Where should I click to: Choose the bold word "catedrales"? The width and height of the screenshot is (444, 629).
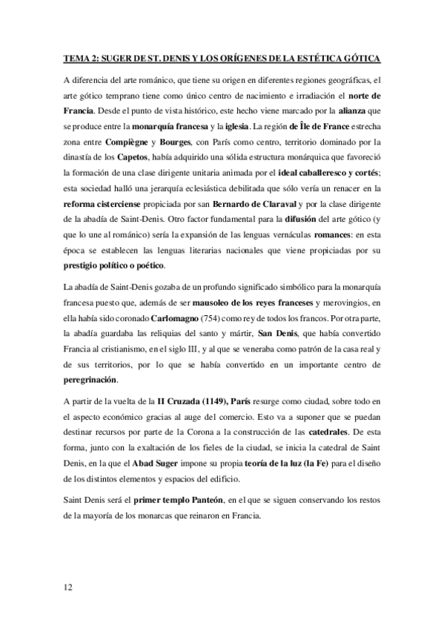[x=357, y=436]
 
